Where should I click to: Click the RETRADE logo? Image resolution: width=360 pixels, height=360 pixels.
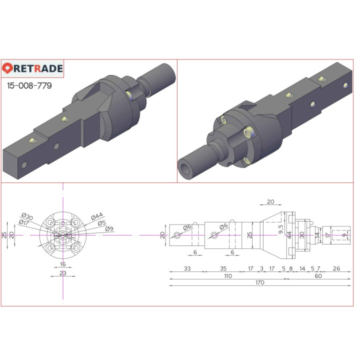pyautogui.click(x=32, y=68)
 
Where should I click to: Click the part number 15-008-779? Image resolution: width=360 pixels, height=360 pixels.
pyautogui.click(x=29, y=85)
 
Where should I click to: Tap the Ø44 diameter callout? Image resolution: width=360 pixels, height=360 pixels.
pyautogui.click(x=97, y=216)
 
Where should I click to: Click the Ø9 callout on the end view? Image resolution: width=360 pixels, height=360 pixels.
pyautogui.click(x=109, y=229)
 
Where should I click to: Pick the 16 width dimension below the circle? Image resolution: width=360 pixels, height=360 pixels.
pyautogui.click(x=62, y=264)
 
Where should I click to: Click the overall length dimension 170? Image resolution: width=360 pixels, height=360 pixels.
pyautogui.click(x=259, y=282)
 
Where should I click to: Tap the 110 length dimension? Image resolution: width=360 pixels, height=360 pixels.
pyautogui.click(x=227, y=276)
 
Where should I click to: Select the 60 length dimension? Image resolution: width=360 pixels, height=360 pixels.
pyautogui.click(x=318, y=276)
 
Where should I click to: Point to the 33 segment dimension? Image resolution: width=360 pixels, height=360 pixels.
pyautogui.click(x=187, y=268)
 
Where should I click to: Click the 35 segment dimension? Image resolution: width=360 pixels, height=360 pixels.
pyautogui.click(x=223, y=268)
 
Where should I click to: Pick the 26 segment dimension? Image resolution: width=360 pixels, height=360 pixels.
pyautogui.click(x=336, y=268)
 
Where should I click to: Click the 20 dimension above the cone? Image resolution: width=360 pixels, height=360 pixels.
pyautogui.click(x=270, y=202)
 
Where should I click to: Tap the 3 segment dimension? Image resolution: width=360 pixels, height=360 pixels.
pyautogui.click(x=261, y=268)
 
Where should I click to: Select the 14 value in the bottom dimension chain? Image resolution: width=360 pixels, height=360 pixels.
pyautogui.click(x=302, y=268)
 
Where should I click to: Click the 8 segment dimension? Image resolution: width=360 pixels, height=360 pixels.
pyautogui.click(x=291, y=268)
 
